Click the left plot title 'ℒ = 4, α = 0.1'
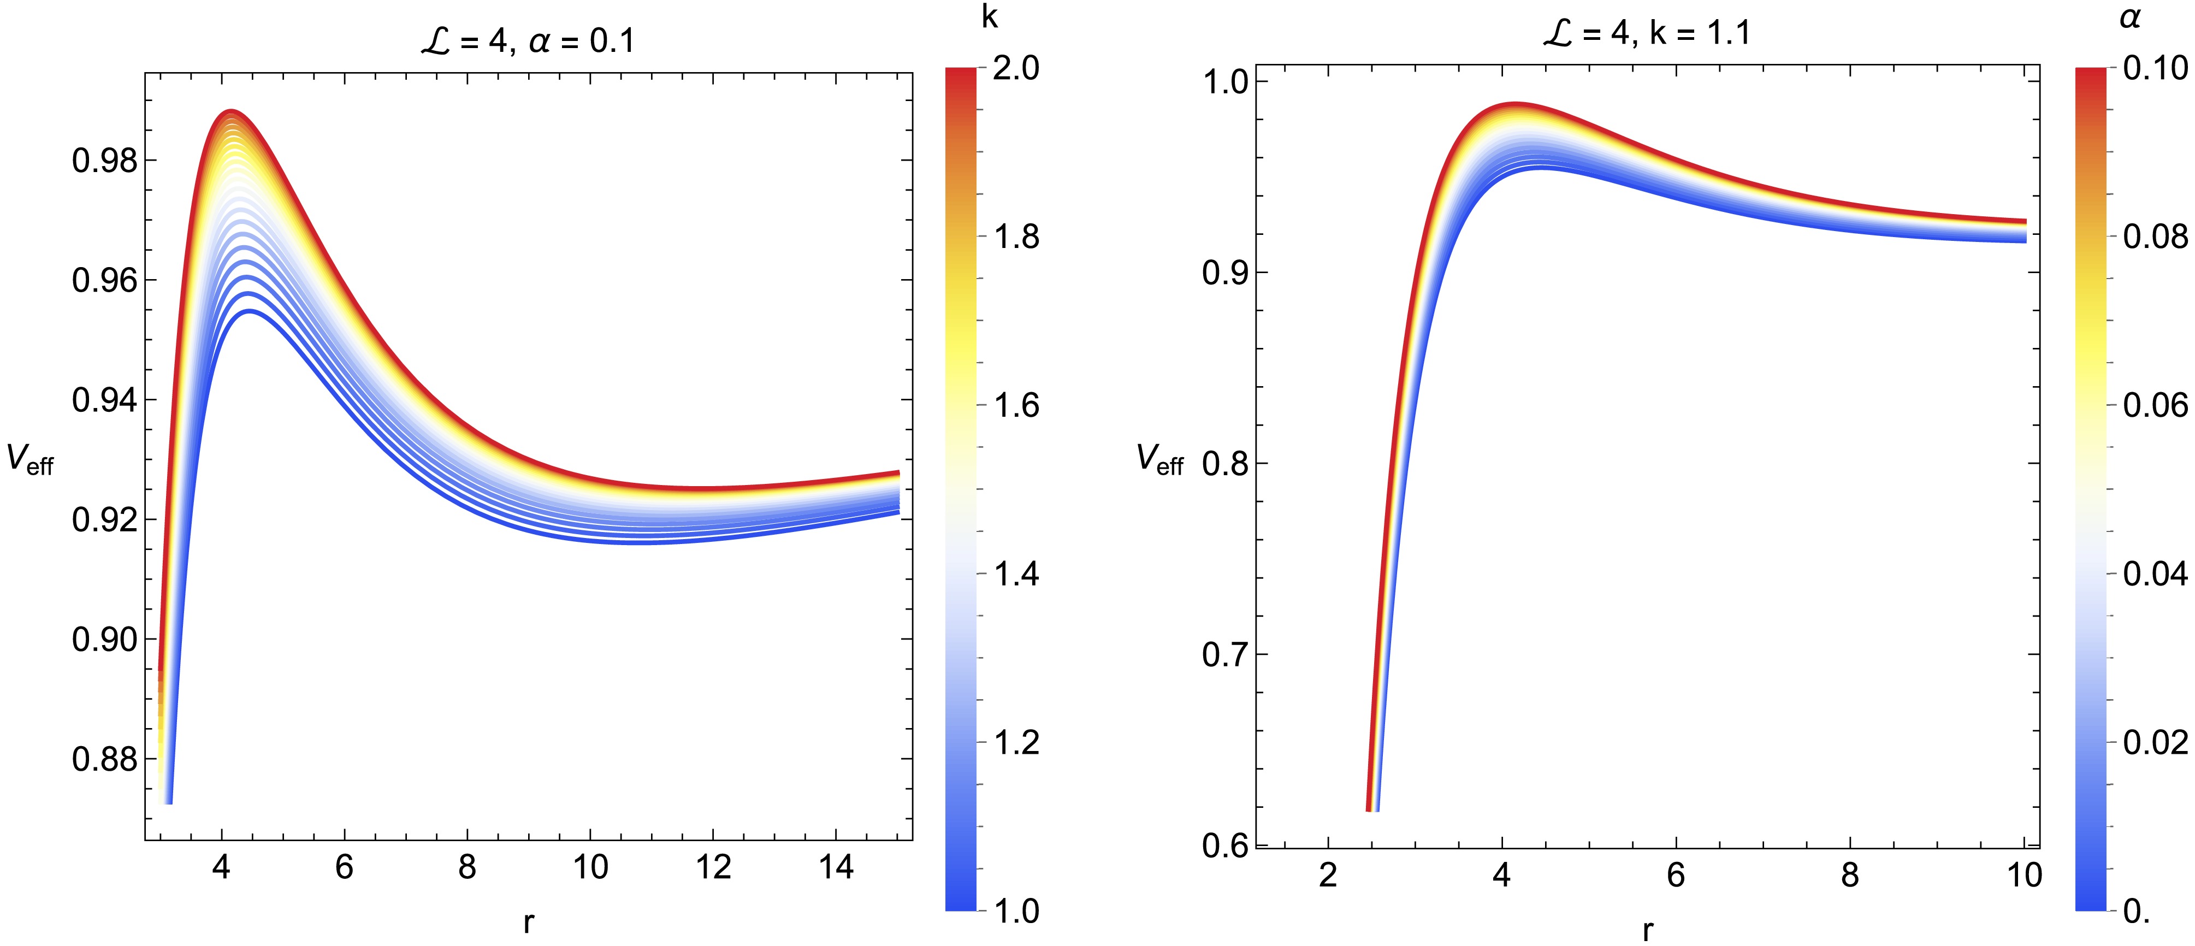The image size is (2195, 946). [x=528, y=40]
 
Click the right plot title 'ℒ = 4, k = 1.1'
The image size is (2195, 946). [x=1646, y=33]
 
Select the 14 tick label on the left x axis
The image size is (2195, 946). [x=836, y=867]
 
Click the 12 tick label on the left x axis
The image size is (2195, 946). [x=713, y=867]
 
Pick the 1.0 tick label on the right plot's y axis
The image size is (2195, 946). [x=1224, y=82]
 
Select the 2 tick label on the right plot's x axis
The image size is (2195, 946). [x=1328, y=875]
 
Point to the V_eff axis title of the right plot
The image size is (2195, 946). [x=1159, y=460]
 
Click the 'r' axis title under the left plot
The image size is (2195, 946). [x=529, y=921]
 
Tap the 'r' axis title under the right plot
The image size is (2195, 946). [x=1648, y=929]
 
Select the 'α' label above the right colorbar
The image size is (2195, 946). [x=2129, y=17]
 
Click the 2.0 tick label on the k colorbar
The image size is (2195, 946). [x=1016, y=68]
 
